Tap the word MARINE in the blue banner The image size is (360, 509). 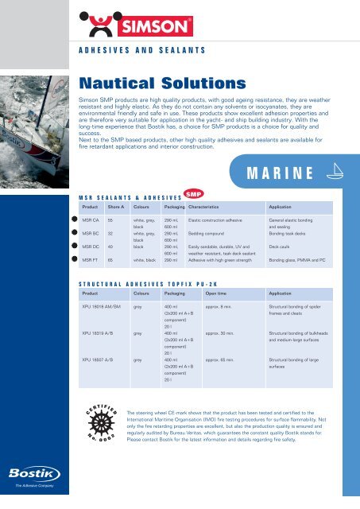point(277,173)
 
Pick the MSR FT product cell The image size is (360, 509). point(92,259)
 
